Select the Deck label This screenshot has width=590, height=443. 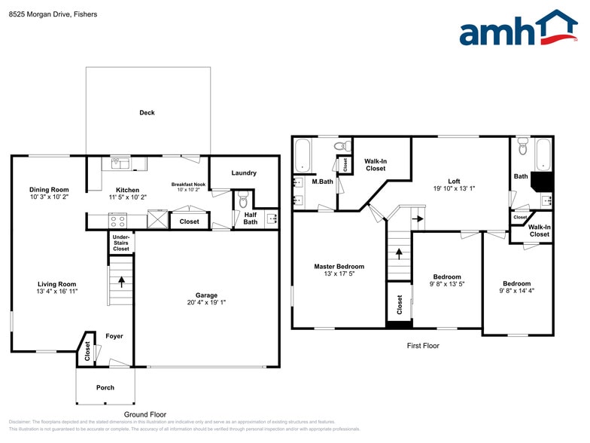[147, 113]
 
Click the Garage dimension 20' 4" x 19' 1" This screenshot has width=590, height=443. [206, 303]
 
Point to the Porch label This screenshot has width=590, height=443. [105, 389]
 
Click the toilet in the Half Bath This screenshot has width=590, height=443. [242, 200]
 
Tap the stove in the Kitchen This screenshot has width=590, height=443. [118, 221]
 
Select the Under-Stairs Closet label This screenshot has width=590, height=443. [121, 243]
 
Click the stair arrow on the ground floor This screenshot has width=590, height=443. [121, 282]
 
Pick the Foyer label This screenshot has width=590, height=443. [114, 336]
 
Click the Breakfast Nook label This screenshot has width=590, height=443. [188, 184]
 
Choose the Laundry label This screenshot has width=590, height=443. [244, 173]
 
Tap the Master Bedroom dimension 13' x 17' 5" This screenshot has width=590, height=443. [339, 274]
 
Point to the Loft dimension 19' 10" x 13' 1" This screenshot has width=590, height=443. [454, 188]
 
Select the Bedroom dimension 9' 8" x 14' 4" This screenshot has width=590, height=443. [516, 292]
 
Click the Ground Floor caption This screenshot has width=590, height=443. [145, 414]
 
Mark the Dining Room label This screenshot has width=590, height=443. [49, 189]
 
